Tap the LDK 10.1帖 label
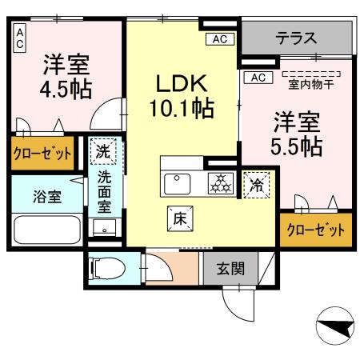(x=182, y=94)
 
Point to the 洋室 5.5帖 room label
(x=297, y=134)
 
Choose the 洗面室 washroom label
(x=104, y=192)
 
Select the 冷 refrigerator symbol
(x=257, y=183)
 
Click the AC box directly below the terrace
(x=258, y=78)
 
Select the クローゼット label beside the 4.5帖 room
(x=42, y=153)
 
